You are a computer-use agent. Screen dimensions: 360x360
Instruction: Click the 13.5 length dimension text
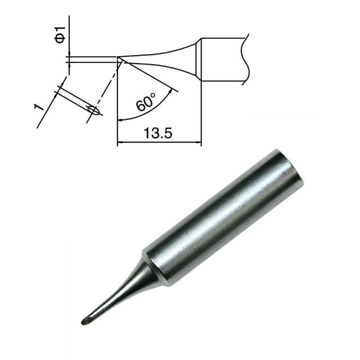(157, 133)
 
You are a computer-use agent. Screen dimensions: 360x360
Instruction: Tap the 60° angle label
(146, 102)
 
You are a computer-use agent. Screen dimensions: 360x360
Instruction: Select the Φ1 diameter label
(60, 35)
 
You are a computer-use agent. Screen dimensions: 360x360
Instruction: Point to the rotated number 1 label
(38, 107)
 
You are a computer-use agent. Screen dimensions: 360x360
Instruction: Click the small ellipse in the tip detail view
(93, 110)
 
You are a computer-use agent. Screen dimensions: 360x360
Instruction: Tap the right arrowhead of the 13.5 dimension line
(199, 142)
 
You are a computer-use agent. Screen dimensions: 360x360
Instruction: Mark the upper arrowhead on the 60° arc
(170, 91)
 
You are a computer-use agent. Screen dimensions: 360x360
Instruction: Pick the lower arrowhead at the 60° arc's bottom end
(120, 120)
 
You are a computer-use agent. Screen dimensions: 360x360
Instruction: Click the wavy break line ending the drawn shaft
(245, 60)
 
